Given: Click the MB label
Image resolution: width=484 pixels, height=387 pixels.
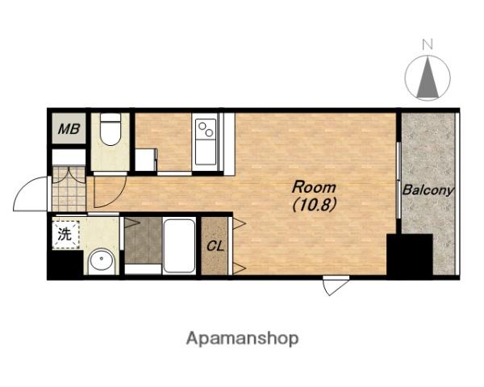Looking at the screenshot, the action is click(x=69, y=129).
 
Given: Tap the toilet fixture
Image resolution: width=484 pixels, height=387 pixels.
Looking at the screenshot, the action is click(x=111, y=129).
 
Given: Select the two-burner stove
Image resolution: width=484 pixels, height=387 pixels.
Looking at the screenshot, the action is click(x=206, y=129).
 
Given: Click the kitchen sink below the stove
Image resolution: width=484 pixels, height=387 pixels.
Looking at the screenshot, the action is click(x=206, y=152).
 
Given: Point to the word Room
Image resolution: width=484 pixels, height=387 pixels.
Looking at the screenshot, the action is click(x=314, y=187).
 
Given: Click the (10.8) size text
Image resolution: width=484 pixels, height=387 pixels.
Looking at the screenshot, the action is click(x=314, y=204).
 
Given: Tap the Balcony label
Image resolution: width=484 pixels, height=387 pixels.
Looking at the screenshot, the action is click(x=428, y=190).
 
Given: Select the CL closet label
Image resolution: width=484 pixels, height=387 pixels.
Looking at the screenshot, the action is click(x=215, y=246).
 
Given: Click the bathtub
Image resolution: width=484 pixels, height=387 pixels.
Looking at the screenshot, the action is click(x=179, y=246).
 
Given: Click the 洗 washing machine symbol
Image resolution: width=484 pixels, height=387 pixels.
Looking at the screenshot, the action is click(x=65, y=235).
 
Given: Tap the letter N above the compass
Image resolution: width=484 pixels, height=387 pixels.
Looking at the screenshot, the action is click(x=428, y=45).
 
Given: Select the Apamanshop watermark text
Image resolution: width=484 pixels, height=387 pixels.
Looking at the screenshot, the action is click(x=242, y=339).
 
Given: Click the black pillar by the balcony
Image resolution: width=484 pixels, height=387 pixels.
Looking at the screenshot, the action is click(x=409, y=256).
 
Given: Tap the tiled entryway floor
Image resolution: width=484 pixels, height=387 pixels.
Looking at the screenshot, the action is click(x=69, y=189).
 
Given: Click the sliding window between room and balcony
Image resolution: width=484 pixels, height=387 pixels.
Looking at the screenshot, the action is click(x=398, y=181).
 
